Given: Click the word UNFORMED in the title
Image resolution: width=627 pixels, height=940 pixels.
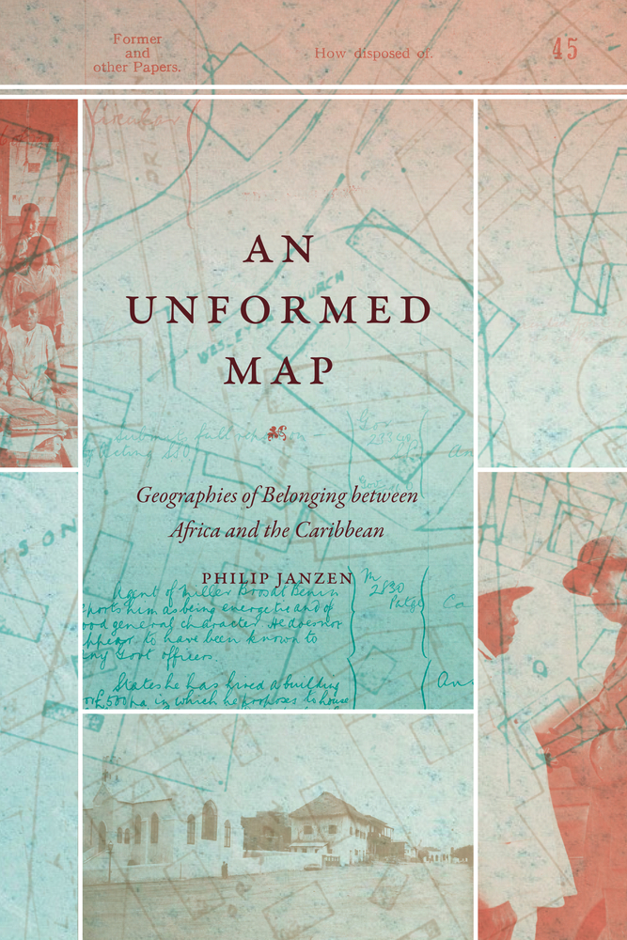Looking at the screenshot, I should (x=278, y=310).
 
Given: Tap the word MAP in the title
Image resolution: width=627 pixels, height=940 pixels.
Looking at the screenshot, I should (x=279, y=370).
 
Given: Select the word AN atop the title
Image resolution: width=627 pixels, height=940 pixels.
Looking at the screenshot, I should (x=278, y=250).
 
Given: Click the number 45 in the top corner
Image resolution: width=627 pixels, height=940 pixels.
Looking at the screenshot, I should (x=565, y=50).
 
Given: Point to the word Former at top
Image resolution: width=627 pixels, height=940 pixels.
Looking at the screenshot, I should (x=137, y=39).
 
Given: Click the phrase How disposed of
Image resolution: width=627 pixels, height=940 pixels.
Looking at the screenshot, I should (x=373, y=54).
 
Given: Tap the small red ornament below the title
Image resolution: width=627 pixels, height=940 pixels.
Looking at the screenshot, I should (x=277, y=433).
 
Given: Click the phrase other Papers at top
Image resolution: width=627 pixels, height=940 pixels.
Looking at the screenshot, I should (x=137, y=68).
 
